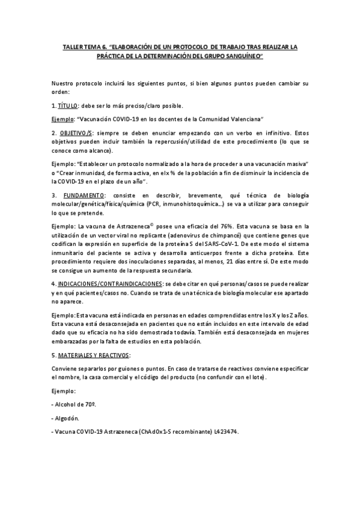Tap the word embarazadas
pyautogui.click(x=72, y=342)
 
